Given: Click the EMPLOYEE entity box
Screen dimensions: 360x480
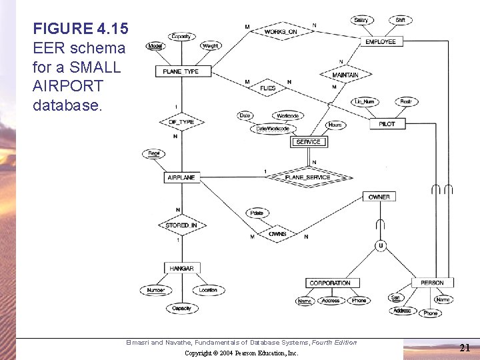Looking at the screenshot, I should [x=381, y=41].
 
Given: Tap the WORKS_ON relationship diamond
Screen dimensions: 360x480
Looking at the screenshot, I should [x=280, y=31].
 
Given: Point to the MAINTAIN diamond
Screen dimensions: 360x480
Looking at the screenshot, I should [x=345, y=75].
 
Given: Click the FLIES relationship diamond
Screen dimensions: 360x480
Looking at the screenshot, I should [x=268, y=87].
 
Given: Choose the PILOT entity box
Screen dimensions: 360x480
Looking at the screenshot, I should [x=387, y=124].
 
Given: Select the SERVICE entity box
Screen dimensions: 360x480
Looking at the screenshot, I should [x=308, y=141].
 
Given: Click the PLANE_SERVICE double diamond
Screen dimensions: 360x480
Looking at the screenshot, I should [x=307, y=177].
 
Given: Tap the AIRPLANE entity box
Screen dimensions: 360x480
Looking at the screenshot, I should [x=181, y=178].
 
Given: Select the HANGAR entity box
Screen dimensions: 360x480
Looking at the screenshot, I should [x=181, y=268].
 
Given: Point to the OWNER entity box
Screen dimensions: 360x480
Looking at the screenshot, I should [x=379, y=197].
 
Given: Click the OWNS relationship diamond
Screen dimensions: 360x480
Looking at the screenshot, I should [x=277, y=234].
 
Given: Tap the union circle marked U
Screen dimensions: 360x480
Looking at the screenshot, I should [x=381, y=246].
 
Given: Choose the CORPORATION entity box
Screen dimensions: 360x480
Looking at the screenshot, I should [x=329, y=283].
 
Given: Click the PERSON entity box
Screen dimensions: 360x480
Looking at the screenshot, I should [x=432, y=283].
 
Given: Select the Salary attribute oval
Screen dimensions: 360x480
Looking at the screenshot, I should [x=361, y=21].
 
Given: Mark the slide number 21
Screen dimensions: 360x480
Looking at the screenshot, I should [x=465, y=347].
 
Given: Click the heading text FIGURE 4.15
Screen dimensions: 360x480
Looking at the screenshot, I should [x=81, y=29].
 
